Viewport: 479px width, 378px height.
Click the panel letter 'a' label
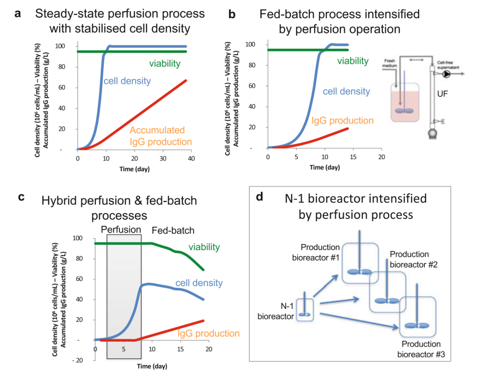point(18,13)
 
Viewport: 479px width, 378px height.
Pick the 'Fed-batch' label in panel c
point(173,231)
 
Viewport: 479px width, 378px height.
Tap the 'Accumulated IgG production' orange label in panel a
point(161,136)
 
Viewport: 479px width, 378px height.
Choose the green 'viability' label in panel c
point(204,247)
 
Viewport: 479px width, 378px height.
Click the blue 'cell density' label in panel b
point(346,91)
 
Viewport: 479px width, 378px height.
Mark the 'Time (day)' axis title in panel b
point(324,167)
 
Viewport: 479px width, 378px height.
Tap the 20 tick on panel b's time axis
point(381,158)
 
